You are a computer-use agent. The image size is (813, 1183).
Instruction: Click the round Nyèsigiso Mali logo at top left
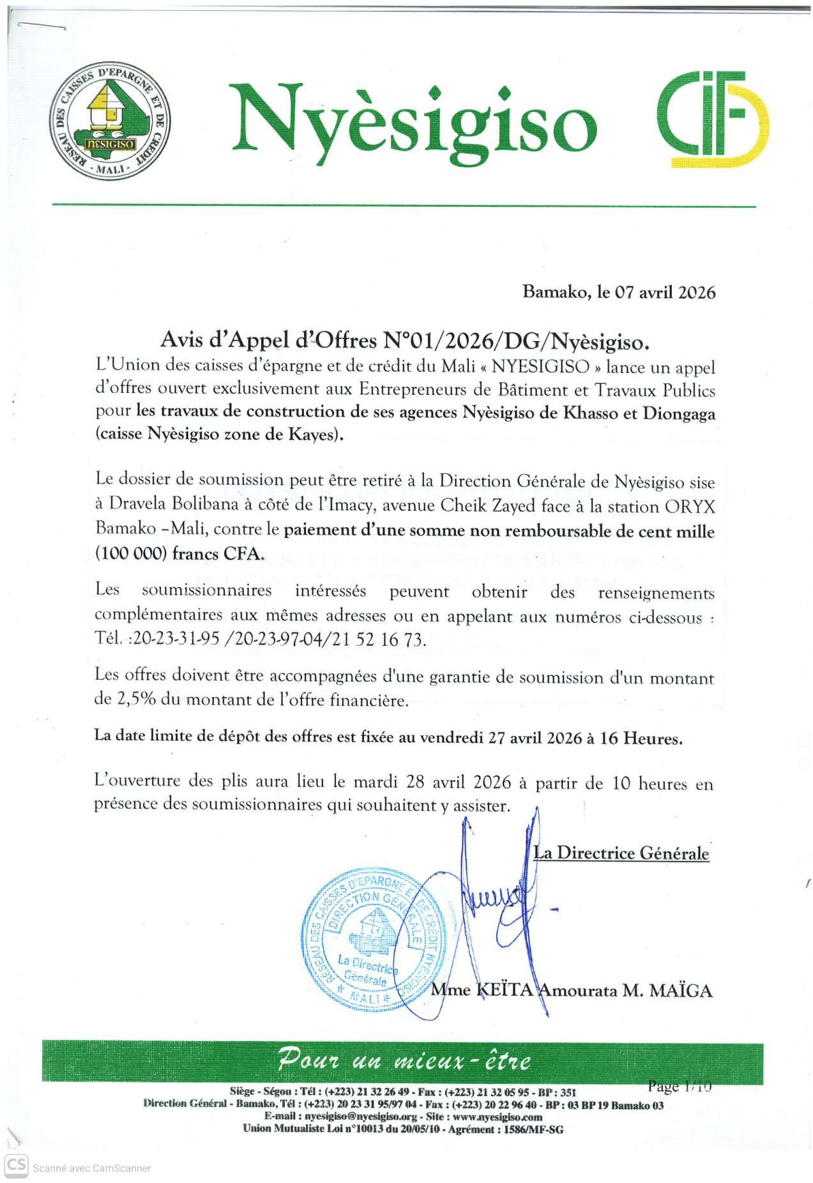(x=110, y=121)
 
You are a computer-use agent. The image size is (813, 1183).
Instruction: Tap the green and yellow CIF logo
(x=713, y=119)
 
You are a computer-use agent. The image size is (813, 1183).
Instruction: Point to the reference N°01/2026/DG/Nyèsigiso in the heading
(x=515, y=341)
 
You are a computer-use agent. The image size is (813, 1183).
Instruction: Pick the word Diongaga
(x=679, y=413)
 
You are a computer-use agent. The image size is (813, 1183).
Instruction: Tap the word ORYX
(x=690, y=507)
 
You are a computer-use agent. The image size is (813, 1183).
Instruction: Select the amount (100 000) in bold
(x=131, y=553)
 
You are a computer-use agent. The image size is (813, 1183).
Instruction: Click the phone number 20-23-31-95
(x=176, y=639)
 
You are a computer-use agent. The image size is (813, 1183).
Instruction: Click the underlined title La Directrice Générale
(x=621, y=853)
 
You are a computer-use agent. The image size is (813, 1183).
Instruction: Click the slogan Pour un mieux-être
(x=404, y=1061)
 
